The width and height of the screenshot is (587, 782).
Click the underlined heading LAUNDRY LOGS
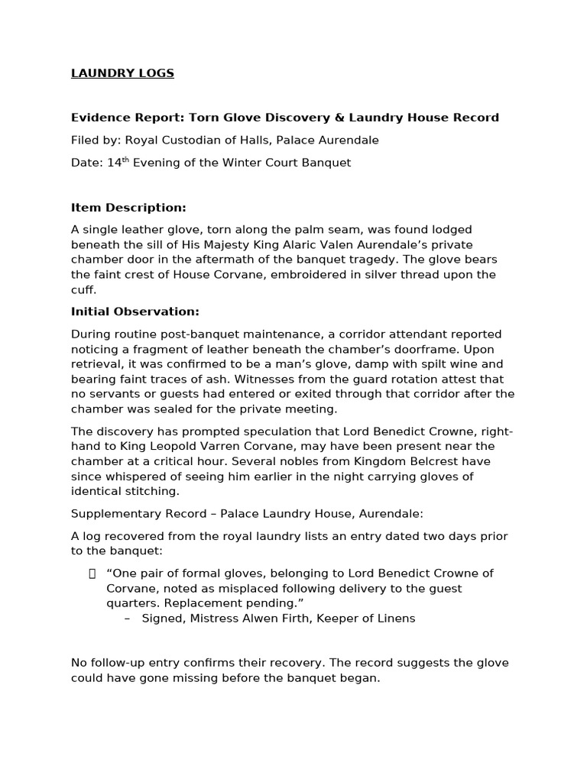click(x=122, y=73)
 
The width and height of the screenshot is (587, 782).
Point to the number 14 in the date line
click(x=113, y=163)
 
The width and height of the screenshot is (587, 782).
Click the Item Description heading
click(x=128, y=208)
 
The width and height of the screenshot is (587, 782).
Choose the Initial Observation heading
click(x=135, y=312)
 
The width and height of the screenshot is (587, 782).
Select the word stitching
click(x=153, y=491)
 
